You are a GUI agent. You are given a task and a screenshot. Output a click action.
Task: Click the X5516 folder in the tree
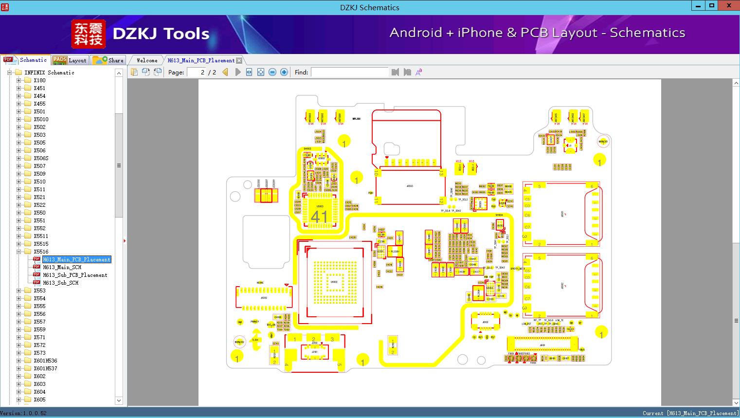41,252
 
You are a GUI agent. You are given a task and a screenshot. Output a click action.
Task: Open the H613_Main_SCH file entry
62,267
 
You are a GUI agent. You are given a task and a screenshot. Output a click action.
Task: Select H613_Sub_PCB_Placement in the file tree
75,275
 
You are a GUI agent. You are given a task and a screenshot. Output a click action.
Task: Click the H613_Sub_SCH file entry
60,283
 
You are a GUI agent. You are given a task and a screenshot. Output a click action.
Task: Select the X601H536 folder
45,361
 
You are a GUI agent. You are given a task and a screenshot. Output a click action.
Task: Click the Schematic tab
33,60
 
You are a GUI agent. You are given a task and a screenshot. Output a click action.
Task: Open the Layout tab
77,60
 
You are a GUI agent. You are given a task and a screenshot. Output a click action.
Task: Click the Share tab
115,60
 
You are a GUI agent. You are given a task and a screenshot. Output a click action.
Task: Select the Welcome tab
147,60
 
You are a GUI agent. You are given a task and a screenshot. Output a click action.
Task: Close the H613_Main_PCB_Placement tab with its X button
239,61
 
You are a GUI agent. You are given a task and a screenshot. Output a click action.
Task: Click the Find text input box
349,72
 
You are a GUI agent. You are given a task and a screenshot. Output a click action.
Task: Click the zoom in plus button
284,72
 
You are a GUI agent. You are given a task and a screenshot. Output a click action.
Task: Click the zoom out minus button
272,72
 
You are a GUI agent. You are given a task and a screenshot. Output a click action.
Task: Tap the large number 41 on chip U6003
319,217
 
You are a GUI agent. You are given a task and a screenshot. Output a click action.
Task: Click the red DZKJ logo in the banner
88,34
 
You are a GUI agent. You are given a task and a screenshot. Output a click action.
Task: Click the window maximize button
711,6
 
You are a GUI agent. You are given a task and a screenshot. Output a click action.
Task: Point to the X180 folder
39,80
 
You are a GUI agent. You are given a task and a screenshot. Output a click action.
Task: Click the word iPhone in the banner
480,33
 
